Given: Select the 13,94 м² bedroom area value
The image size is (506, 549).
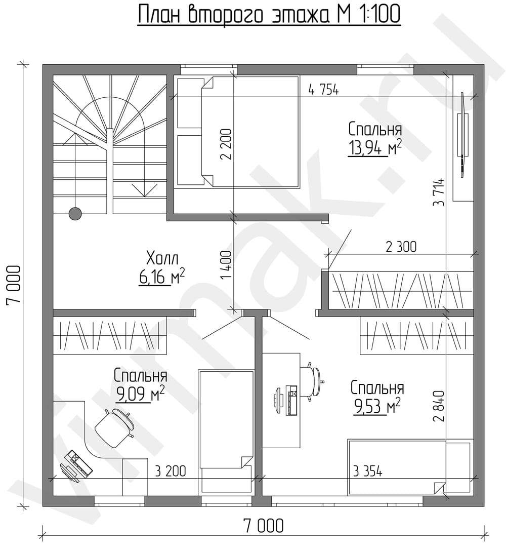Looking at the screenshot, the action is tap(375, 147).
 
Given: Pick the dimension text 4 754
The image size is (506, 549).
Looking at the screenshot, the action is tap(323, 90).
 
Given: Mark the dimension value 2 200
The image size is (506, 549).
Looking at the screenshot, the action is tap(226, 144).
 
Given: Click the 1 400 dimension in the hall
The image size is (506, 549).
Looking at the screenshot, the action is tap(226, 265).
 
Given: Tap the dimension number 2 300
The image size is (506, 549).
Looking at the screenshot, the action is tap(401, 247).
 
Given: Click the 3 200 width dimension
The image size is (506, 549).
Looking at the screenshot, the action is tap(171, 471).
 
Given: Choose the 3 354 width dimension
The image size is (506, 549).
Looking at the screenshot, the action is tap(367, 471).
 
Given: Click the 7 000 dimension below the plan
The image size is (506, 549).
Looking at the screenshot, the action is tap(263, 526).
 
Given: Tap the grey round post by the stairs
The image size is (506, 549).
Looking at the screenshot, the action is tap(75, 213).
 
